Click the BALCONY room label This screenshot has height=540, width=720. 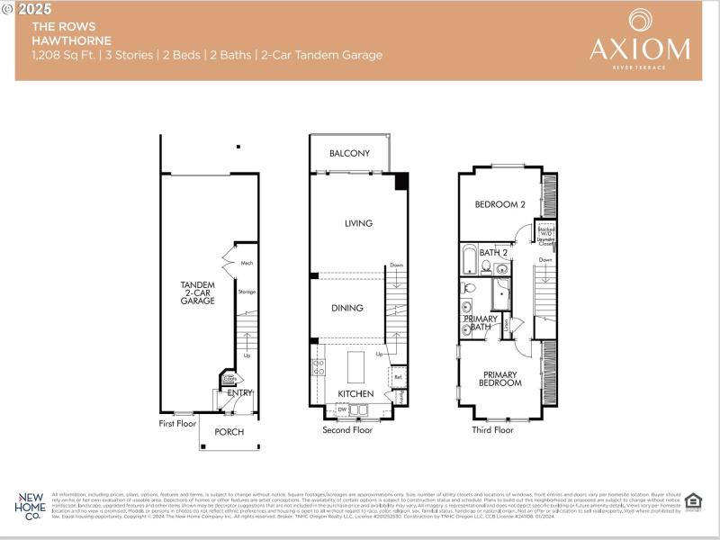(x=349, y=154)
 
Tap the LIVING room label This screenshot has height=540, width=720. (x=358, y=223)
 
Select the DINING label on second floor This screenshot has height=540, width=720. (x=347, y=308)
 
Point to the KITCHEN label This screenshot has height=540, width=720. (x=355, y=394)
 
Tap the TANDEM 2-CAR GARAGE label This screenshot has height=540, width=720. (x=197, y=292)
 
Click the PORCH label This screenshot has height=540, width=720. (x=229, y=432)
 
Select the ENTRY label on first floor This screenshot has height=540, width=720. (x=240, y=392)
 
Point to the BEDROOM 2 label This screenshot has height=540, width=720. (x=500, y=204)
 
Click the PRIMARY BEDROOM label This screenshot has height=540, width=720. (x=501, y=379)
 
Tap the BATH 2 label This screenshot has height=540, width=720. (x=493, y=253)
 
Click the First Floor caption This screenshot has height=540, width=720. (x=178, y=422)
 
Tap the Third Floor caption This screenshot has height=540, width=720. (x=492, y=430)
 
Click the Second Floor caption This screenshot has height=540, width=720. (x=347, y=430)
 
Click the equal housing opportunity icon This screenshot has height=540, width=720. (x=692, y=502)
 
